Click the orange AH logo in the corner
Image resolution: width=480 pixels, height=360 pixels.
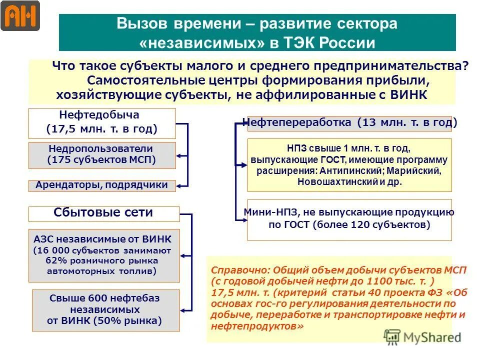point(20,16)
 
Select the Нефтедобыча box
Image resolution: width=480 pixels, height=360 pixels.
point(102,123)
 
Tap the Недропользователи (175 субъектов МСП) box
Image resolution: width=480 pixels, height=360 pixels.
point(102,155)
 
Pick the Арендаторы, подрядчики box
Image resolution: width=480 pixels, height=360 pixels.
point(102,185)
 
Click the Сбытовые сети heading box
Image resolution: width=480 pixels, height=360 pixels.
point(103,213)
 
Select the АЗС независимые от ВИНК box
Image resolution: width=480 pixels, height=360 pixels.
point(103,255)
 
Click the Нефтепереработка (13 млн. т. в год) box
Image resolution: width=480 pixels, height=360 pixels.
point(349,122)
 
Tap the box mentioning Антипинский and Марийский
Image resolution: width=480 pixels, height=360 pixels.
point(349,165)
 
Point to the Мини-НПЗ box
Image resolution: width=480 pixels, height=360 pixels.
point(349,219)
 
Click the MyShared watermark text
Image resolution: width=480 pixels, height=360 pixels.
point(430,337)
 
